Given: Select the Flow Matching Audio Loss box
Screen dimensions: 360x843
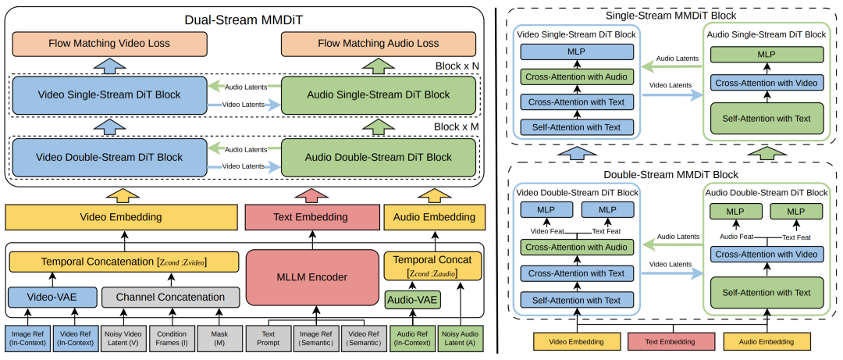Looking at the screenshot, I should click(x=379, y=44).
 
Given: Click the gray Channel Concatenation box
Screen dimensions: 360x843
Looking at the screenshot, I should click(x=169, y=297).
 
